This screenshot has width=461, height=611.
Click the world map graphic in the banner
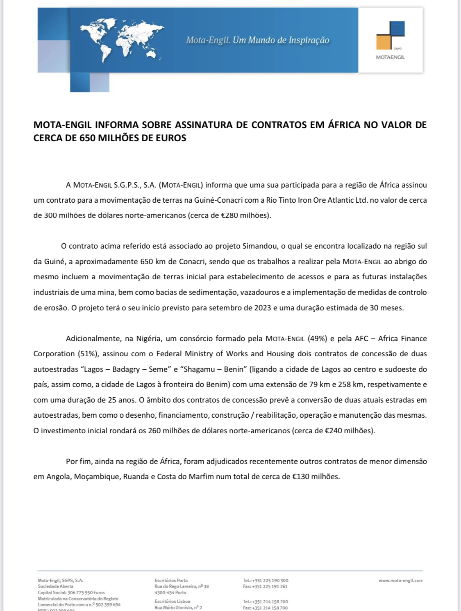(x=122, y=40)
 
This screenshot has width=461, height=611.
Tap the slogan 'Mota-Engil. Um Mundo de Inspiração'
(x=257, y=40)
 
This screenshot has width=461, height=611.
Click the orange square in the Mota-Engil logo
(x=384, y=42)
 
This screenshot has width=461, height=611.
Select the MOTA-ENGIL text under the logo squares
(x=390, y=57)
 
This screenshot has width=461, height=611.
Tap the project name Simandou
(x=259, y=246)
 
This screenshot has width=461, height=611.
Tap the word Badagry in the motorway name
(x=126, y=369)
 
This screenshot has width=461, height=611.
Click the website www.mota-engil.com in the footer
(x=400, y=580)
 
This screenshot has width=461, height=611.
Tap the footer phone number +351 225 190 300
(x=270, y=580)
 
